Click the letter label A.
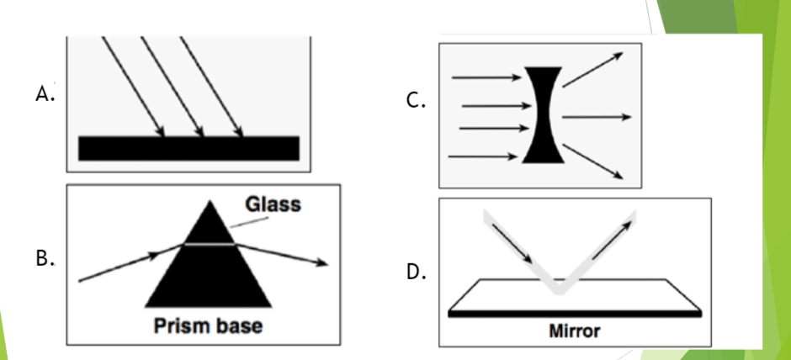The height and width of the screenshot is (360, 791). (45, 93)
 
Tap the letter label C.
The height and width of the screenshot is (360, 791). (416, 101)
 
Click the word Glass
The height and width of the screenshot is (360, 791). (273, 204)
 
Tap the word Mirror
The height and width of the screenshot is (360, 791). (575, 331)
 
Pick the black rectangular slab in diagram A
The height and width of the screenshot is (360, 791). (188, 148)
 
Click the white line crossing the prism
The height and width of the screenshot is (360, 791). (209, 245)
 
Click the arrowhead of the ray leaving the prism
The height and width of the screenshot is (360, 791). (322, 262)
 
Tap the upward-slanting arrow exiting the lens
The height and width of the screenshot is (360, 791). (592, 70)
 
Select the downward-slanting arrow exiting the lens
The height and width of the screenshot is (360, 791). (592, 161)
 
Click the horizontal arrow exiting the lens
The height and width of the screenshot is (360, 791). (597, 117)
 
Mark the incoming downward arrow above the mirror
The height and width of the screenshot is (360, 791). (512, 244)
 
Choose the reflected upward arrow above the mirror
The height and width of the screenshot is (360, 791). (612, 241)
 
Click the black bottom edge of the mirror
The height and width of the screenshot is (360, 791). (575, 314)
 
